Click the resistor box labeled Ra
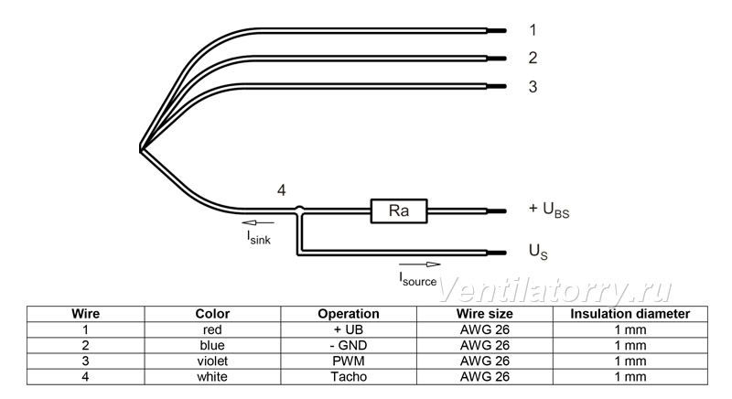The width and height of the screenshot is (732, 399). click(x=399, y=210)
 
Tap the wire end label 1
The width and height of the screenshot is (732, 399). click(x=533, y=30)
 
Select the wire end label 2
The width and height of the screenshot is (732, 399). click(x=533, y=58)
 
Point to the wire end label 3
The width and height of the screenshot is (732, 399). click(x=533, y=86)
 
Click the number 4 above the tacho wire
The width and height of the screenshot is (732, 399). click(x=282, y=190)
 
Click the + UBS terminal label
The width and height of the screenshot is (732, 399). click(x=549, y=210)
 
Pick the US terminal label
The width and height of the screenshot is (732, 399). click(x=538, y=252)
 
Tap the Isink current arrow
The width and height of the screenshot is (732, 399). click(x=258, y=222)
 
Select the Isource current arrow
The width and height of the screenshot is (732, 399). click(x=420, y=264)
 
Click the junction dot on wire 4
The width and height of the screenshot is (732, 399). click(x=300, y=210)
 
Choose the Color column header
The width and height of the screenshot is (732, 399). click(x=212, y=314)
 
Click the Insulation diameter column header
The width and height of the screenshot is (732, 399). click(x=630, y=314)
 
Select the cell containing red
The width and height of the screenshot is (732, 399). click(x=212, y=330)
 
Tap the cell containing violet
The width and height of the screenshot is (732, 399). click(x=212, y=361)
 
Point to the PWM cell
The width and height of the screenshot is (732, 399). click(x=349, y=361)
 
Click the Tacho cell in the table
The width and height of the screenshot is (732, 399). click(x=349, y=377)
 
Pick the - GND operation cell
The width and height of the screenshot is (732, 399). click(x=349, y=345)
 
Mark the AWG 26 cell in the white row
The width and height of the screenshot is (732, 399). click(x=485, y=377)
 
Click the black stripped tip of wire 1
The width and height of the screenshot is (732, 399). click(x=497, y=31)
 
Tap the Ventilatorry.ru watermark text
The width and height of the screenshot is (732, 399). click(x=554, y=289)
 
